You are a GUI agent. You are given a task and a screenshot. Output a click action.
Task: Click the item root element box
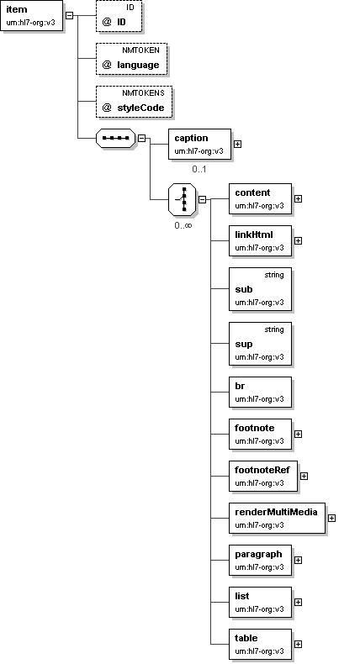pos(32,16)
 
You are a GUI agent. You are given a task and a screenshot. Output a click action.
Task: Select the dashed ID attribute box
pos(119,16)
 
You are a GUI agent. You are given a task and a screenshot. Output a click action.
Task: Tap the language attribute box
pos(131,59)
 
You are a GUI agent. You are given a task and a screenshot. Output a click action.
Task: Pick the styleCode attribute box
pos(134,102)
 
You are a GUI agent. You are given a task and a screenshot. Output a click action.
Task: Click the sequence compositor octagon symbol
pos(116,138)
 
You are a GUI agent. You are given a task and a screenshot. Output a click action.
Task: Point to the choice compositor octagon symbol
pos(183,199)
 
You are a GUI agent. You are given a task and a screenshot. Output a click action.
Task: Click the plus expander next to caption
pos(238,144)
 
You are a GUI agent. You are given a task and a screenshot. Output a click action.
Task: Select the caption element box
pos(199,145)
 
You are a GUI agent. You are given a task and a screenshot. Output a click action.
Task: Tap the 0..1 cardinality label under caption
pos(199,169)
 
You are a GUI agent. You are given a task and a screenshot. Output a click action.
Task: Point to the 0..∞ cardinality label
pos(183,225)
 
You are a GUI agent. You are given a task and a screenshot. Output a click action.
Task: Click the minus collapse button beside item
pos(70,16)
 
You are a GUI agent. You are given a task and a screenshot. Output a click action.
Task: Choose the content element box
pos(261,198)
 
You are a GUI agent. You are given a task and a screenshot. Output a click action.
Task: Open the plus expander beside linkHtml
pos(298,240)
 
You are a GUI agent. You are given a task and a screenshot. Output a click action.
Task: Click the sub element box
pos(261,289)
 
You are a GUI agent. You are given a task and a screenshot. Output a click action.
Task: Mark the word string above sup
pos(274,329)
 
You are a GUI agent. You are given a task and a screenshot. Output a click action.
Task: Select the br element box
pos(261,393)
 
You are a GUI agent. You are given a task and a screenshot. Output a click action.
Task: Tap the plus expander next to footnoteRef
pos(304,476)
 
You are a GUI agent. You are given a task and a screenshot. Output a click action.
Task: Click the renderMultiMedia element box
pos(277,518)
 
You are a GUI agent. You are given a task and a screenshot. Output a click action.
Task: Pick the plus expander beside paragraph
pos(298,560)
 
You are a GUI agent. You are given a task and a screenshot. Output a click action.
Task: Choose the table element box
pos(261,644)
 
